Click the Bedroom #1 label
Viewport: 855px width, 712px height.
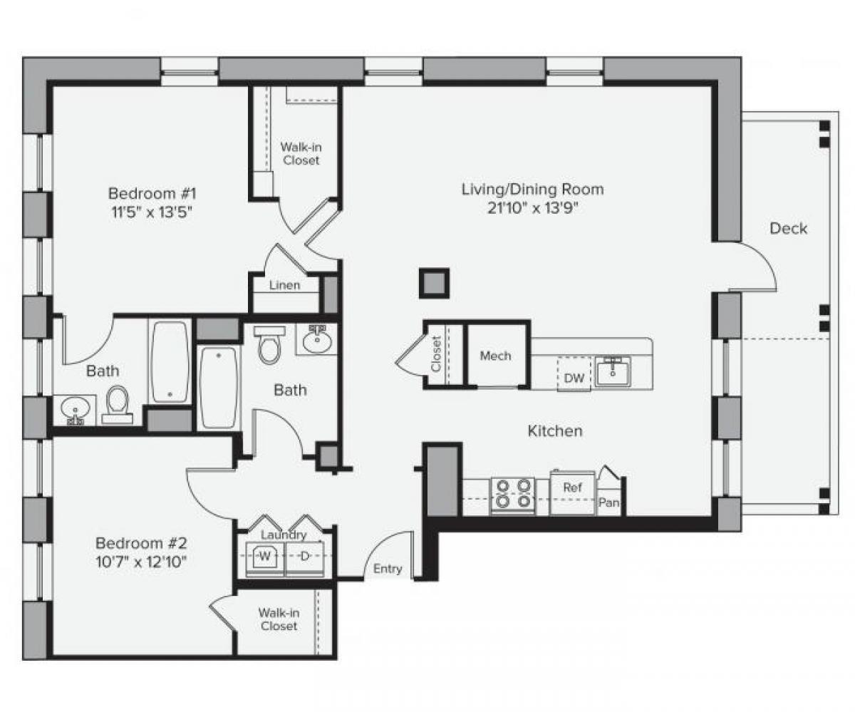pos(151,193)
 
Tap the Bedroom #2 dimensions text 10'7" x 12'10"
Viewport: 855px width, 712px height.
pos(141,561)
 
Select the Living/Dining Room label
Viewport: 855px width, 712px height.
pos(532,190)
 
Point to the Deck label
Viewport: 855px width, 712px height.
pos(789,229)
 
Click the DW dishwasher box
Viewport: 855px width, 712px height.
pos(574,378)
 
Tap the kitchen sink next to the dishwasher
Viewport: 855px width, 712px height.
pos(613,371)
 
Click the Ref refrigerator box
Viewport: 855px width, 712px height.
pos(572,489)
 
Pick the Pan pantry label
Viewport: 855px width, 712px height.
pos(608,503)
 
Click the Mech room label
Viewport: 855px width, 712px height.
pos(495,356)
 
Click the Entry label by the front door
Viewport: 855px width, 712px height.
pos(388,569)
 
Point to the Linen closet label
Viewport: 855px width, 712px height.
pos(284,285)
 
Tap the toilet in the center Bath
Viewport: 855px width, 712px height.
pos(269,345)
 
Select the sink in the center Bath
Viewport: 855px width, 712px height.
pos(316,340)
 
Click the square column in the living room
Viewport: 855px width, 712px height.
pos(434,283)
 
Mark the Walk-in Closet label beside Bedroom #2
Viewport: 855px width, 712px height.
pos(278,619)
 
